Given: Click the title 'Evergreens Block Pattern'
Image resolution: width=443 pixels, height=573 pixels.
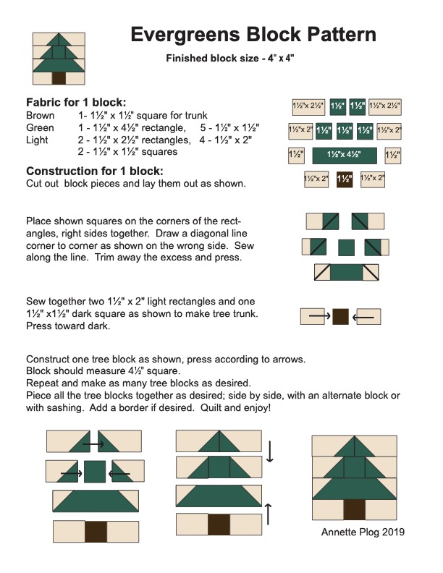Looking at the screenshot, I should [253, 35].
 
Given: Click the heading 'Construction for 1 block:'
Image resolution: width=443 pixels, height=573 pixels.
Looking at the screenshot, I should [94, 171].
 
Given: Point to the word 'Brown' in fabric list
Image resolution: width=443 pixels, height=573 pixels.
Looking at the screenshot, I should [40, 116].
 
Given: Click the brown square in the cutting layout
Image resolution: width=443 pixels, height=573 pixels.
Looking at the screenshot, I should [344, 179].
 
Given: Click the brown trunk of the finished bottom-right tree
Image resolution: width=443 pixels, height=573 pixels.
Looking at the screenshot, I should [354, 509].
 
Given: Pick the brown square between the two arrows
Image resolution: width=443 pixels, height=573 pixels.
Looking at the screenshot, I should [340, 316].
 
